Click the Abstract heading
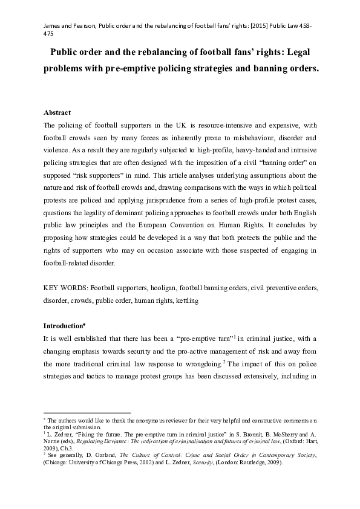click(x=57, y=112)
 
